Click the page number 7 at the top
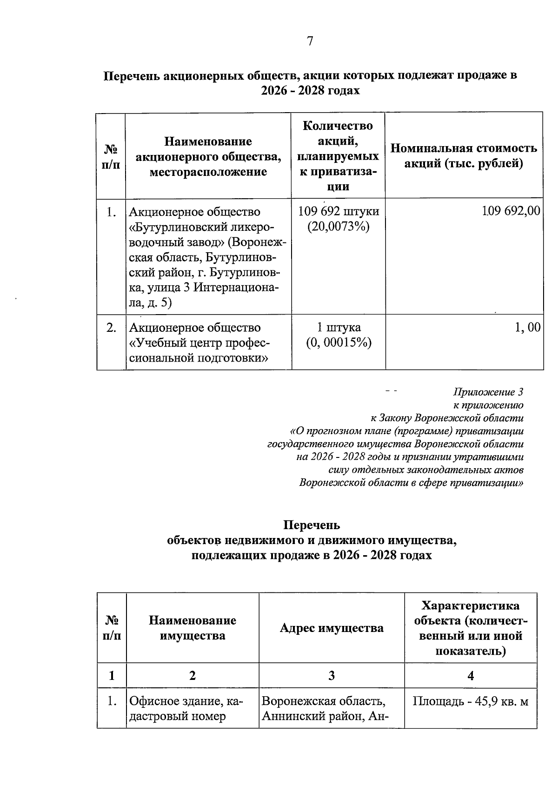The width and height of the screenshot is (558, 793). coord(310,42)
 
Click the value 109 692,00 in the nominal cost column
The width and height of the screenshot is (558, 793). coord(511,211)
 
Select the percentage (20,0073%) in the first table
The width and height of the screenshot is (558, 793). coord(338,227)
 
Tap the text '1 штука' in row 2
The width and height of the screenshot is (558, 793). coord(338,327)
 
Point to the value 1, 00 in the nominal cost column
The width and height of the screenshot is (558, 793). coord(527,327)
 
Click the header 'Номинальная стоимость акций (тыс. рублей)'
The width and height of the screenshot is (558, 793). coord(464,156)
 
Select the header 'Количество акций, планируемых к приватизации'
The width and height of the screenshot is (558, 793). coord(338,156)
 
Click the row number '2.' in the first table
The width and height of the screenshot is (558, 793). coord(111,327)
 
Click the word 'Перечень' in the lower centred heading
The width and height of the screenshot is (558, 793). coord(312,525)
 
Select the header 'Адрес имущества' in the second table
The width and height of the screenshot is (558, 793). coord(332,628)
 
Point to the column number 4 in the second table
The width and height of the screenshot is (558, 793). coord(471,675)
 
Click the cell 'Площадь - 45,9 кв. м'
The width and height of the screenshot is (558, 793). coord(471,701)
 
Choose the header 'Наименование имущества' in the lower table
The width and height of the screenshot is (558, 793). coord(193,628)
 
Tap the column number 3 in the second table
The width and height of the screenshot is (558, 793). coord(332,675)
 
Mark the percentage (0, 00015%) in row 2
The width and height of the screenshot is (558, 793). coord(338,343)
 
